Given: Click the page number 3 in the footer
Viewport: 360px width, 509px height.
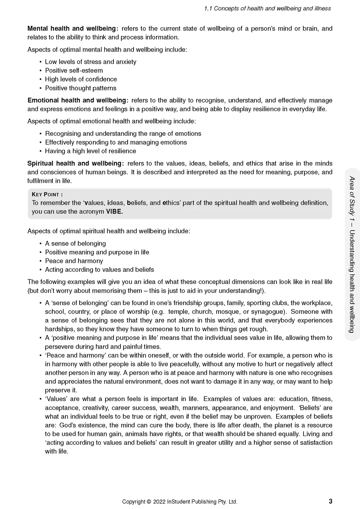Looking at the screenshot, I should (x=331, y=501).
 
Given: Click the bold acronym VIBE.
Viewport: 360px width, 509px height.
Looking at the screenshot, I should (x=114, y=212).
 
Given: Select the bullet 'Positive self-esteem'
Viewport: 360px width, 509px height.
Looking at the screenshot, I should (x=74, y=71).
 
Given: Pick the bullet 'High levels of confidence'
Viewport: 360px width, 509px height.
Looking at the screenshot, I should (x=81, y=79).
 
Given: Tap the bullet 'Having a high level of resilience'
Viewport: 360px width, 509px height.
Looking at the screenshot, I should (x=90, y=151).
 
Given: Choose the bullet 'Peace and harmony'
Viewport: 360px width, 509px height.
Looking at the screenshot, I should (x=74, y=261).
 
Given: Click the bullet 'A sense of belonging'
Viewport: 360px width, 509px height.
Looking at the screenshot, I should (x=75, y=243).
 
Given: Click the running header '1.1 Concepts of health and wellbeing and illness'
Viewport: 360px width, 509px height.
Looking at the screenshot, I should (x=267, y=9).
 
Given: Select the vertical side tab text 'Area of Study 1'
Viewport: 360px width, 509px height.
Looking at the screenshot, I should (x=352, y=200).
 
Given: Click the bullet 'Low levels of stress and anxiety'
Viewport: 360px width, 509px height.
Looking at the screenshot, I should (x=90, y=62).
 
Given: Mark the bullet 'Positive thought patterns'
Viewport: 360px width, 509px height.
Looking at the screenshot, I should (x=81, y=88).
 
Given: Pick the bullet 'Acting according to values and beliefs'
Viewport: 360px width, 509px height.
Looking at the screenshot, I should (x=99, y=270).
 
